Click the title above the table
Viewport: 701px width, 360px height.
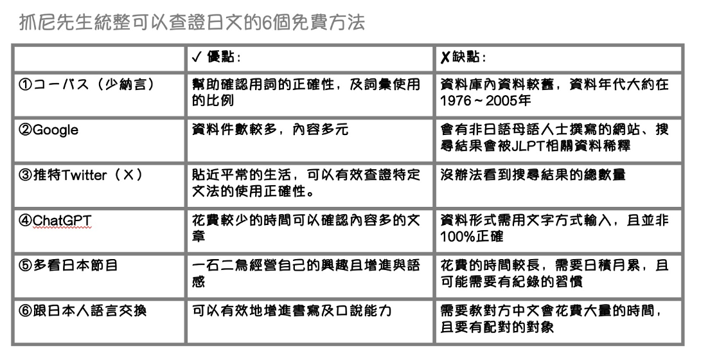click(192, 22)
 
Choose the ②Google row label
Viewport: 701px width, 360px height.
click(48, 130)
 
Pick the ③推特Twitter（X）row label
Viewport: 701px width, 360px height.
click(81, 175)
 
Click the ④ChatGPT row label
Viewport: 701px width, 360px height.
click(55, 221)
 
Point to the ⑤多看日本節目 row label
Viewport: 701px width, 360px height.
click(68, 265)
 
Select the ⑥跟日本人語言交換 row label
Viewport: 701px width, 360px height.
click(82, 310)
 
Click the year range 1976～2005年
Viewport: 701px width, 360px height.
click(486, 101)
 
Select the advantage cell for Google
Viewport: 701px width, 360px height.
click(310, 140)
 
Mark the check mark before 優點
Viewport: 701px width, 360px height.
click(196, 58)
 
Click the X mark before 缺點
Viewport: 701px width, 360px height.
click(445, 58)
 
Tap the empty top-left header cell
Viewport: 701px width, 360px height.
click(99, 58)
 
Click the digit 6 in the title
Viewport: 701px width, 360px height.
click(265, 22)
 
